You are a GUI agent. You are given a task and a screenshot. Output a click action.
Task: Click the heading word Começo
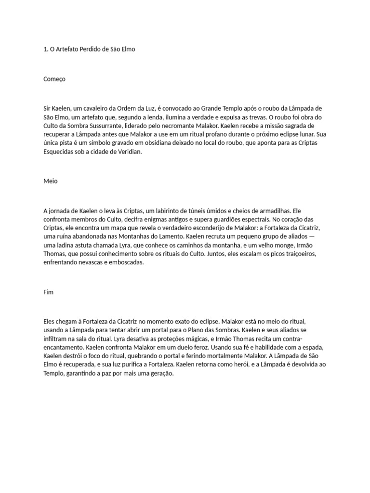click(54, 79)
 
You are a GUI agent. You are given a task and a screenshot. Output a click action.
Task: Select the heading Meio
click(50, 182)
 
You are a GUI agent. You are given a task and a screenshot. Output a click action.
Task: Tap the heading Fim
click(49, 292)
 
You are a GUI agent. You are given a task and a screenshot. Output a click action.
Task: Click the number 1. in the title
click(45, 49)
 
